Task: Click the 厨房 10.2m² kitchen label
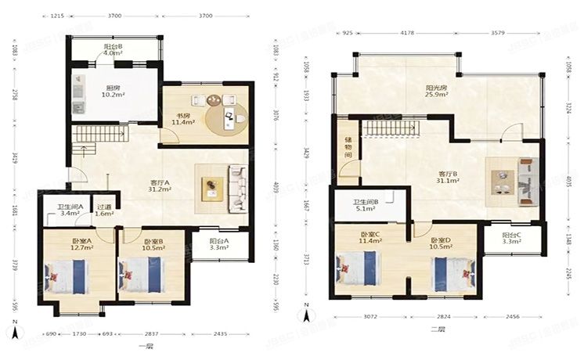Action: [x=113, y=92]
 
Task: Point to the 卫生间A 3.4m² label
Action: [x=61, y=209]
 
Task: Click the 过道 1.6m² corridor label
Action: [x=103, y=209]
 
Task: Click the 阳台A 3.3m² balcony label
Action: [x=219, y=245]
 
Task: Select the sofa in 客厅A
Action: [x=237, y=189]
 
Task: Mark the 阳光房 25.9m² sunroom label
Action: [x=435, y=92]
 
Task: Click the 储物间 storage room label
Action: [x=348, y=146]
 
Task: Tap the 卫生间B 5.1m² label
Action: [x=366, y=205]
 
